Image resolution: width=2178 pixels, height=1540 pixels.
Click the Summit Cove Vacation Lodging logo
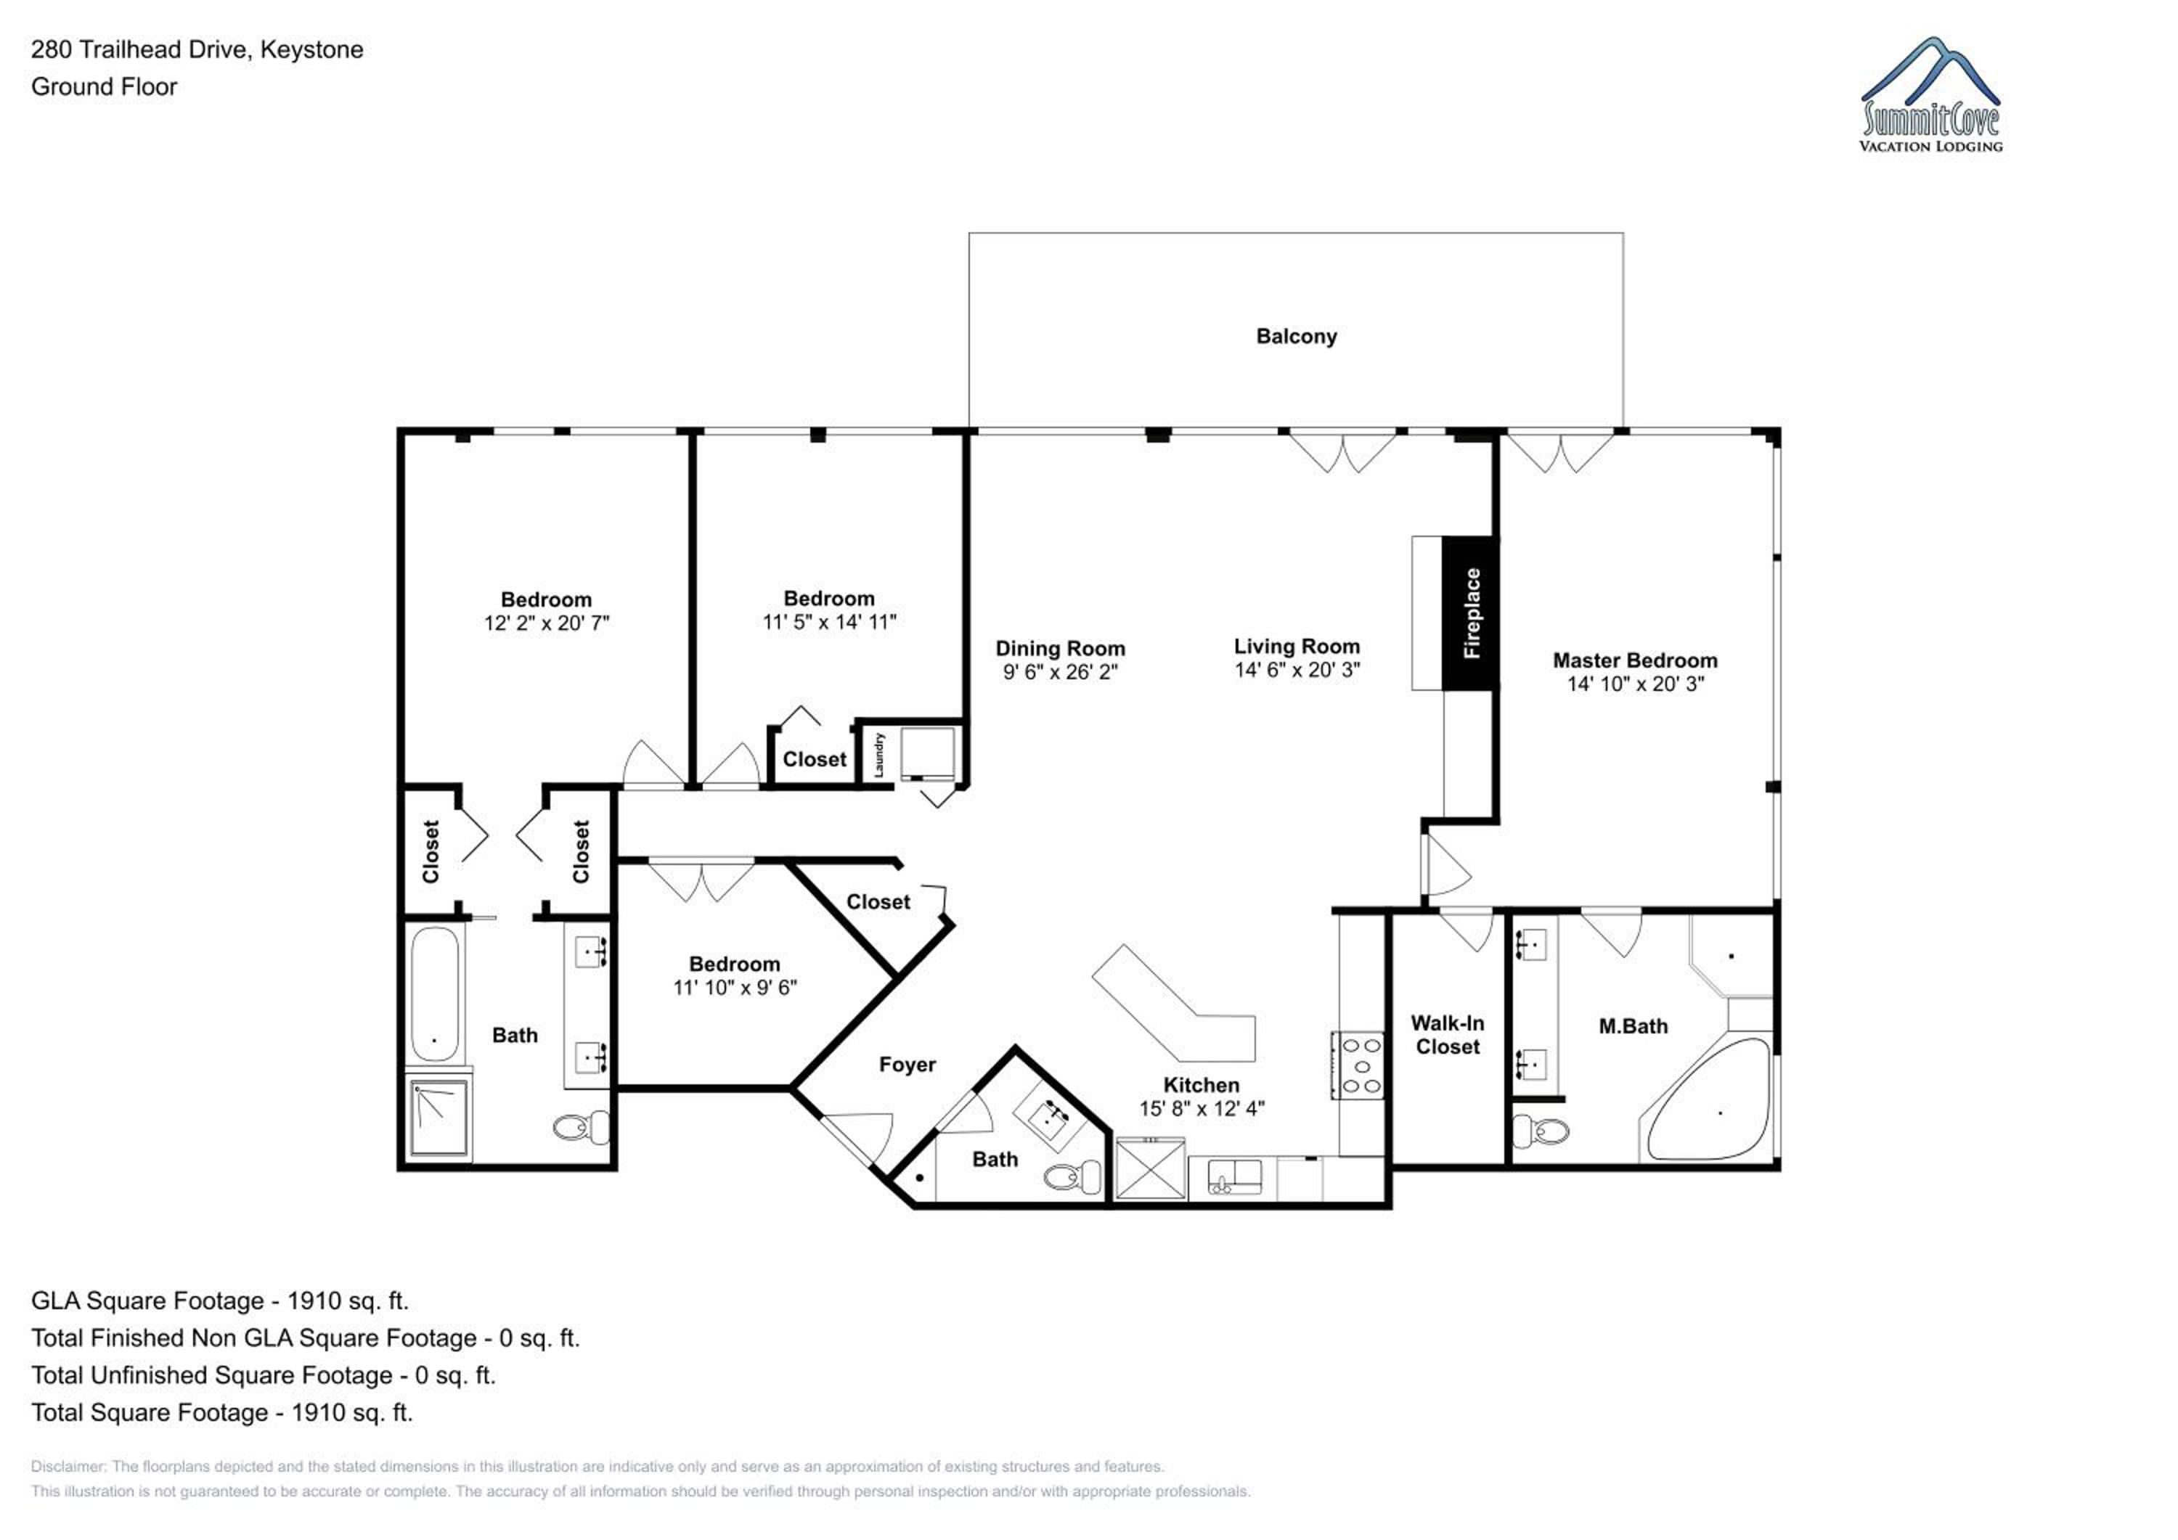1930,95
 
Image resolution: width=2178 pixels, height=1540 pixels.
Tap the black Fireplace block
1469,613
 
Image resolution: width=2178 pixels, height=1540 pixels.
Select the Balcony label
1296,337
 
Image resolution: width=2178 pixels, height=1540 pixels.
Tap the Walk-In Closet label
1448,1035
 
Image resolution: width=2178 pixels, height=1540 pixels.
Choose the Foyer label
907,1065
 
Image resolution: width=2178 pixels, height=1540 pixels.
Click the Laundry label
878,755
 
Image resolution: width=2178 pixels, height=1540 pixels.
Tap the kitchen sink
1234,1177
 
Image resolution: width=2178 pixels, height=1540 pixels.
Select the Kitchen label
1201,1085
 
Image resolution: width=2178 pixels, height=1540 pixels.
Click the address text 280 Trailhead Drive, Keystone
197,49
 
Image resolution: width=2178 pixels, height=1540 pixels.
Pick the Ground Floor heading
105,86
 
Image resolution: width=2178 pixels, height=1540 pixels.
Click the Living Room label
1296,647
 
